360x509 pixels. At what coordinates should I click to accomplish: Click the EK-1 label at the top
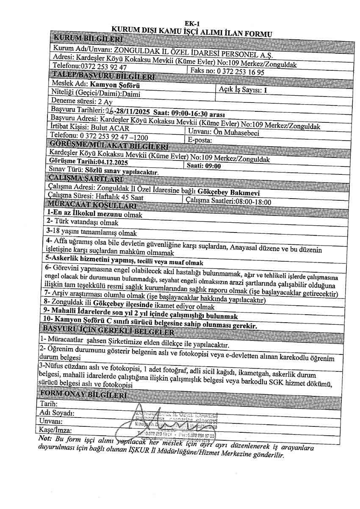tap(193, 24)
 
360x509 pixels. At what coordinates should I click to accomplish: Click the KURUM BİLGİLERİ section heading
tap(87, 39)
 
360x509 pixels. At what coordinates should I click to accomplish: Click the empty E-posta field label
tap(200, 140)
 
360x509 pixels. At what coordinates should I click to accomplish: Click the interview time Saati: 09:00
tap(204, 166)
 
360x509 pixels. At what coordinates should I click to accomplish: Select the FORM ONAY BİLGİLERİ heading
tap(82, 396)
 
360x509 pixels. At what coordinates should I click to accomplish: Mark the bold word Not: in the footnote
tap(44, 438)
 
